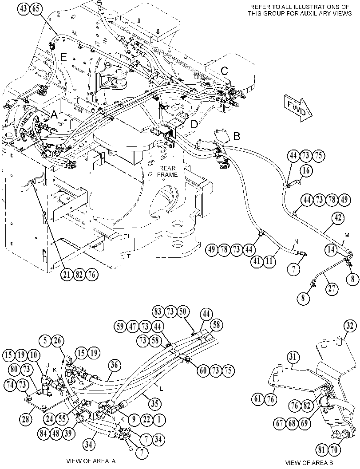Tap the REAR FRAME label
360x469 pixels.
point(168,171)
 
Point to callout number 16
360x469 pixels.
point(306,171)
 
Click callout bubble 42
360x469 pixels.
point(338,218)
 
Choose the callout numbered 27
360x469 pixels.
point(332,289)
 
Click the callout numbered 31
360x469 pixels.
point(293,357)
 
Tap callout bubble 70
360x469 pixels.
point(334,449)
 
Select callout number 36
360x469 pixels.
point(115,365)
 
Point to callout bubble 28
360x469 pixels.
point(26,419)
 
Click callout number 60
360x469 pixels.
point(203,371)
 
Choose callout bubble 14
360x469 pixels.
point(331,249)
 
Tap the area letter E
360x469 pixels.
point(63,57)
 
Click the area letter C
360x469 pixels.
point(225,71)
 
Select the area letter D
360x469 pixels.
point(194,124)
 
